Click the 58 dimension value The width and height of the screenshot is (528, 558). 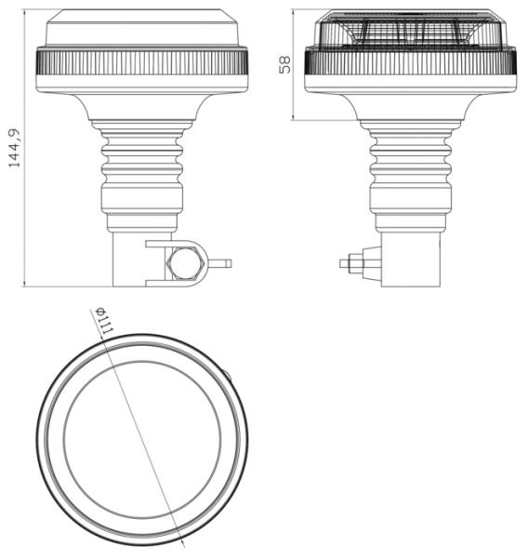tap(284, 63)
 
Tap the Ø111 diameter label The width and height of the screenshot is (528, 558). tap(102, 323)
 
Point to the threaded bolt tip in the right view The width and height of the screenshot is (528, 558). tap(347, 264)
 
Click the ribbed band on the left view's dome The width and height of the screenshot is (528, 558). tap(141, 63)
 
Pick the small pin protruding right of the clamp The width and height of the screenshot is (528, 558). tap(223, 263)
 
